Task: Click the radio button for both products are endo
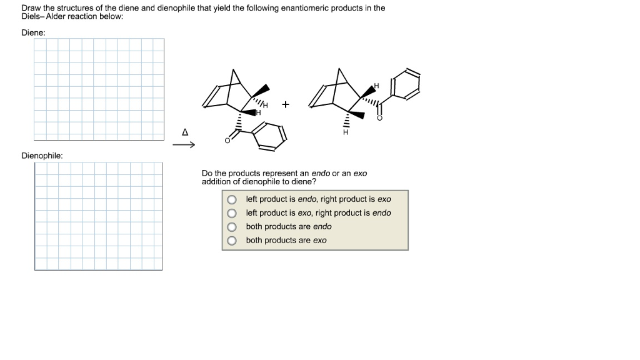[x=232, y=227]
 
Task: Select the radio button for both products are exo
[x=232, y=241]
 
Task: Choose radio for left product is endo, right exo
[x=232, y=199]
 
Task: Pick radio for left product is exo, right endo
[x=232, y=213]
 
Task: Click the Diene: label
[x=33, y=31]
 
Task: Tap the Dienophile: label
[x=42, y=155]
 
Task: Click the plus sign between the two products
[x=286, y=104]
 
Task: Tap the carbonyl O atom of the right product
[x=378, y=117]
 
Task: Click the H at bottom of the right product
[x=344, y=132]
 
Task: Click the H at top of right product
[x=376, y=85]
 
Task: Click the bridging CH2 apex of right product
[x=340, y=69]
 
